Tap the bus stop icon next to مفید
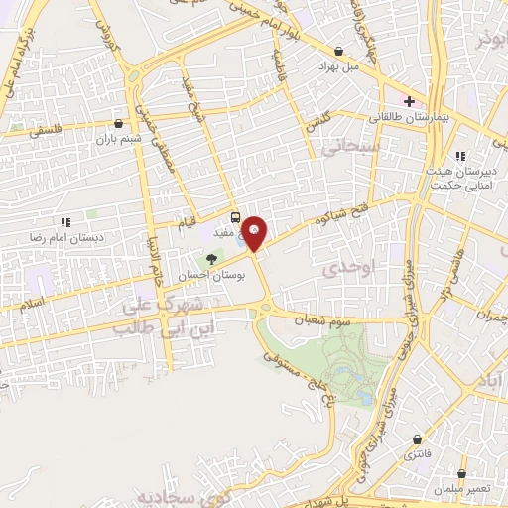click(x=235, y=217)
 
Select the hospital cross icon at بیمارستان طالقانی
click(x=409, y=101)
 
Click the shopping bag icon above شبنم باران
click(x=120, y=124)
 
